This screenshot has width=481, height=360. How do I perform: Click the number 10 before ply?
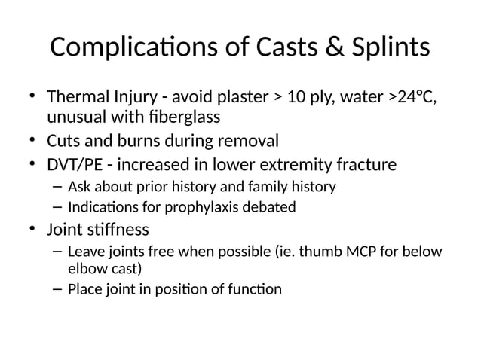tap(284, 99)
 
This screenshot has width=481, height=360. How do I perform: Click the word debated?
tap(267, 206)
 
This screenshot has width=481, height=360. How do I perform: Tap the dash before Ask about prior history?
tap(57, 186)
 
